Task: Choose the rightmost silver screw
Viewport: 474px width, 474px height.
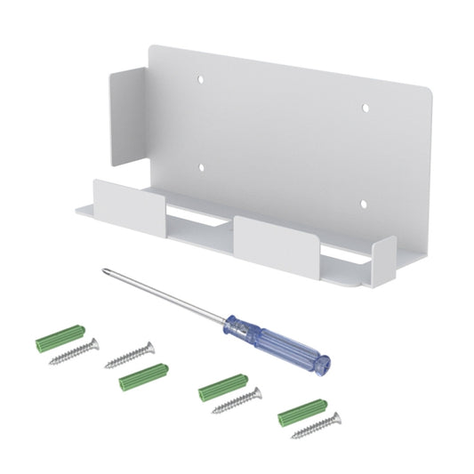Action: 317,425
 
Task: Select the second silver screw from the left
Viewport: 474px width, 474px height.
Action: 130,355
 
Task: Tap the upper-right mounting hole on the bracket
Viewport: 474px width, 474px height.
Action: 365,108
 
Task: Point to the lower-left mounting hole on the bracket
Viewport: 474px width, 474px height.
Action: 202,166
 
